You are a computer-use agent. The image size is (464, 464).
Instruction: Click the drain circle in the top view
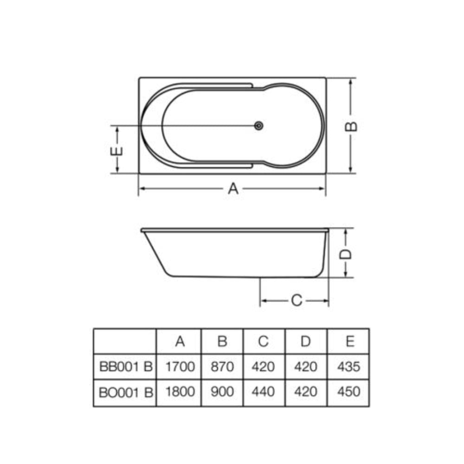coord(258,126)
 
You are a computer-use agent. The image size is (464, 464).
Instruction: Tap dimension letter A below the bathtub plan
coord(233,188)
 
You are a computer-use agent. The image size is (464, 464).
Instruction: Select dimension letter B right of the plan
coord(351,126)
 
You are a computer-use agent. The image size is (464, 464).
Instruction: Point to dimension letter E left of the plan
coord(116,151)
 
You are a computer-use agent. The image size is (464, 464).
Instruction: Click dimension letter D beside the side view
coord(345,254)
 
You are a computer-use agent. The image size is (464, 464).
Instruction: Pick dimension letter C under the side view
coord(296,300)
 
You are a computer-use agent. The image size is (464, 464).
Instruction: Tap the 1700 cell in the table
coord(180,367)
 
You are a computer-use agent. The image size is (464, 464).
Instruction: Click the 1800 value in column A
coord(180,392)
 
